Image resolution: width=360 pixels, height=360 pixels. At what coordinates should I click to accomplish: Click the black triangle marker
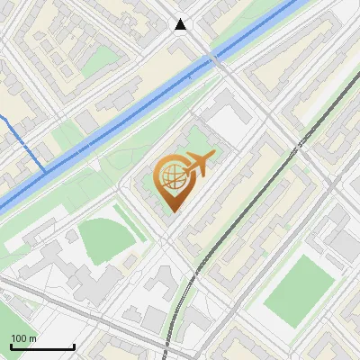coord(181,24)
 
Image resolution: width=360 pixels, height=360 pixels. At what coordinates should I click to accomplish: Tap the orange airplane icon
coord(198,164)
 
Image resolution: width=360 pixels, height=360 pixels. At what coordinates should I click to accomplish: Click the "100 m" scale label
coord(24,338)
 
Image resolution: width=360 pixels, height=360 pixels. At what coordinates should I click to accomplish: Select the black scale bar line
coord(42,346)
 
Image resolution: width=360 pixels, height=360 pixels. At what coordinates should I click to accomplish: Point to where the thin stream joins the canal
coord(45,170)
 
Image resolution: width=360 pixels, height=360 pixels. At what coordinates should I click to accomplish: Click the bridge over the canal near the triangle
coord(213,60)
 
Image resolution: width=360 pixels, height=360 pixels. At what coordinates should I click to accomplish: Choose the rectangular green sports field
coord(300,292)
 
